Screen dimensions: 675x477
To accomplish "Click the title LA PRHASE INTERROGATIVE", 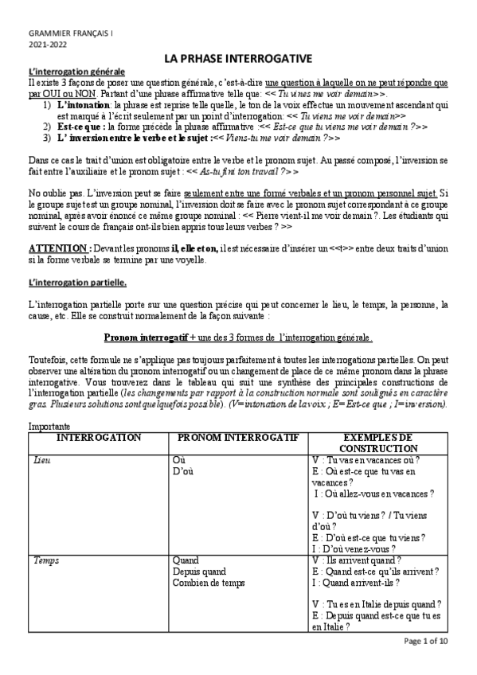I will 238,59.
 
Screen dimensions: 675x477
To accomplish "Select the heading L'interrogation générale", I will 71,72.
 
